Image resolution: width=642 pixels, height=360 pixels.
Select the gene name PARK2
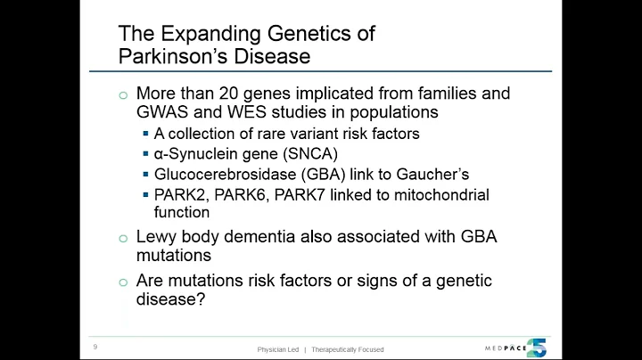coord(177,194)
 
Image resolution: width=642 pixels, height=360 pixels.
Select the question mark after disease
coord(203,301)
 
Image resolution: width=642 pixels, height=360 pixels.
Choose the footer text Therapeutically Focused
coord(348,349)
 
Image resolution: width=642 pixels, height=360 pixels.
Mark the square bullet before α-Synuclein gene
coord(145,154)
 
